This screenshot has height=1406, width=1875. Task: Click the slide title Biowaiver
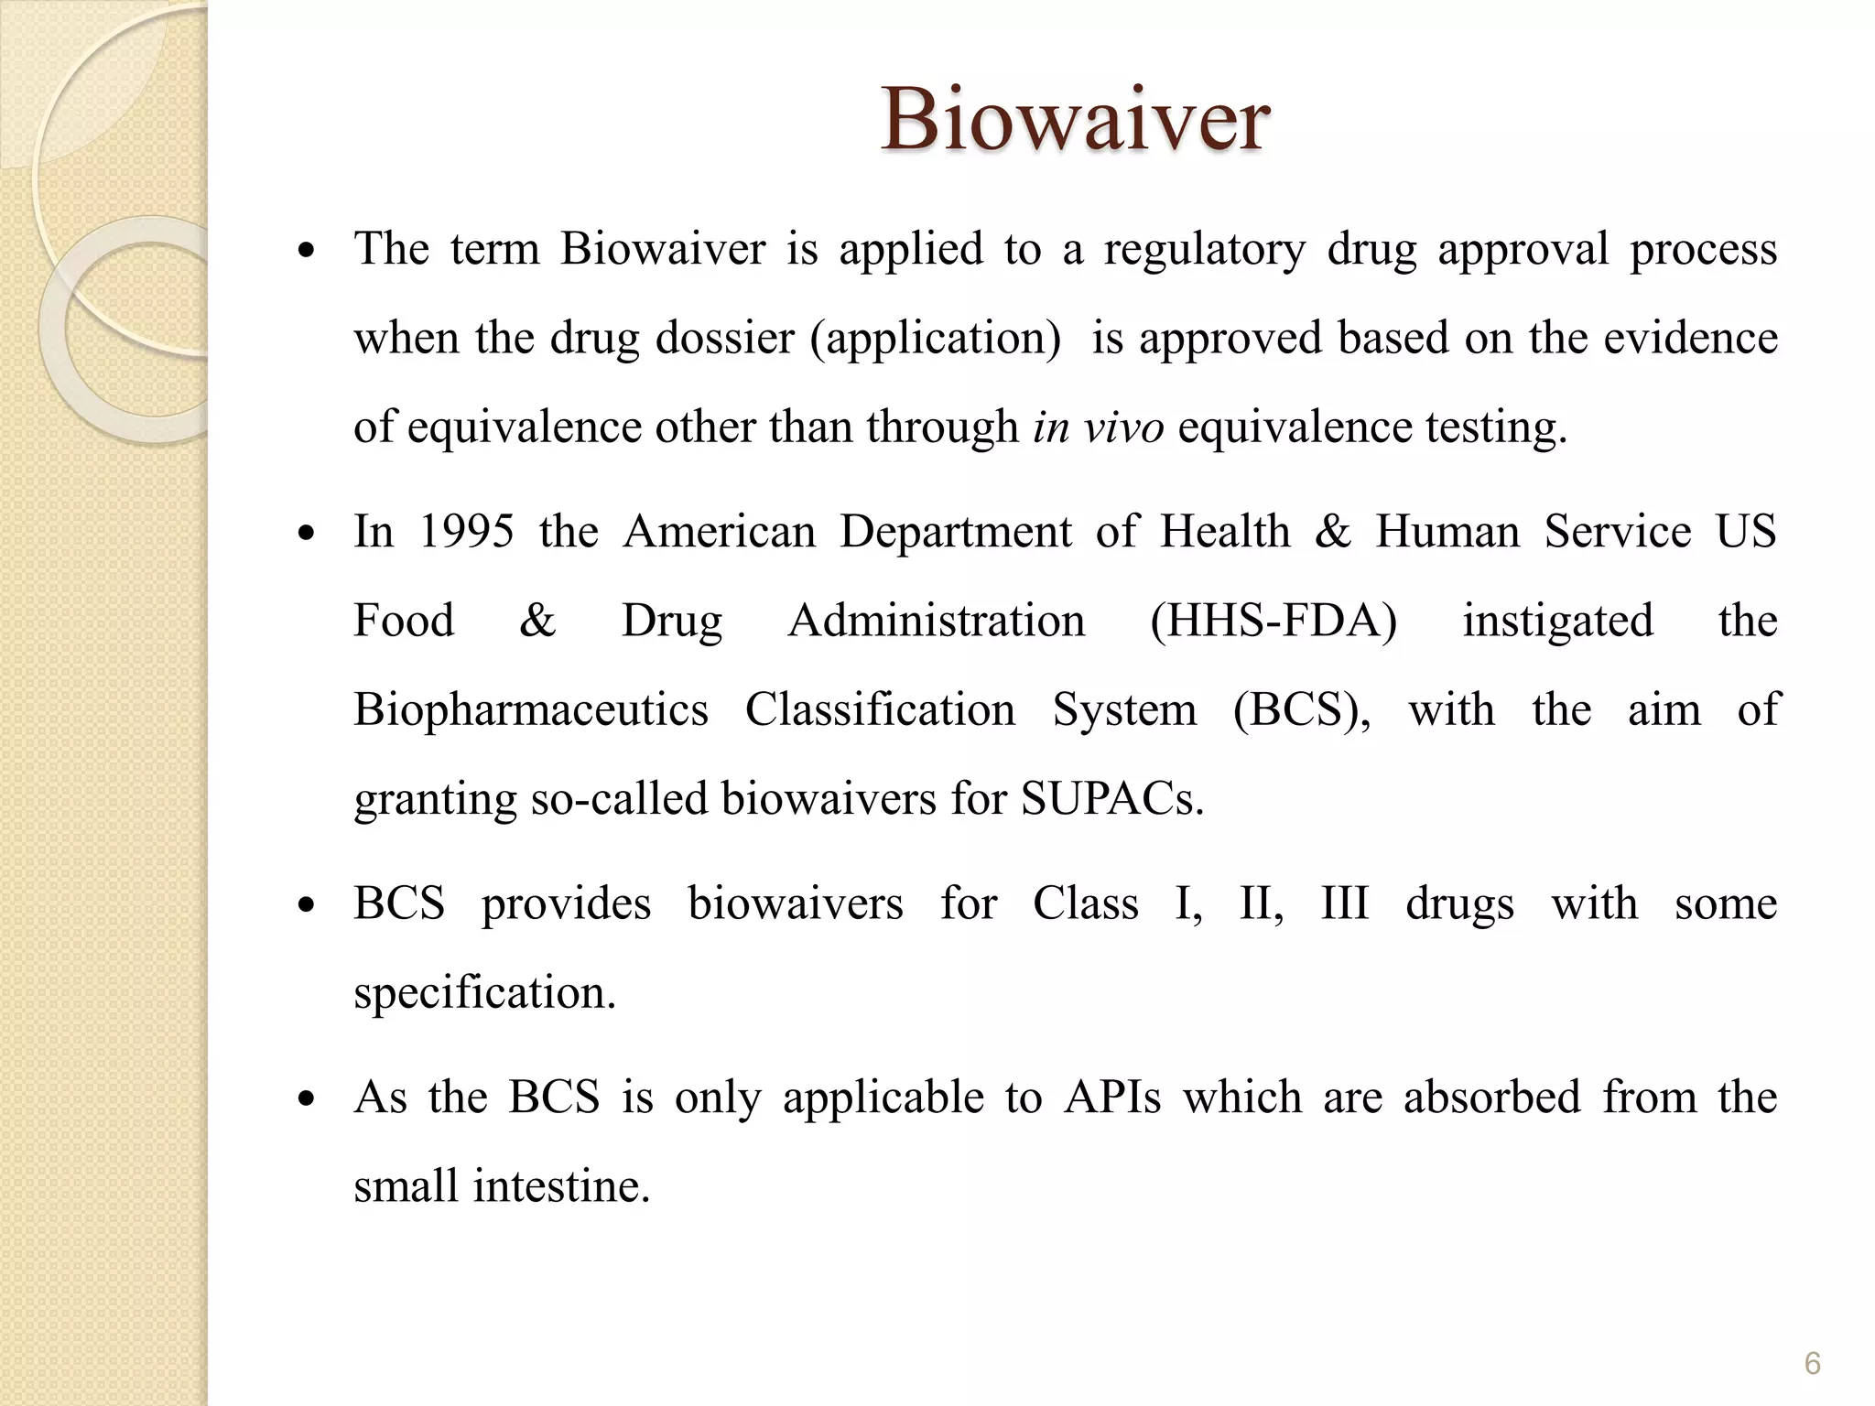1075,119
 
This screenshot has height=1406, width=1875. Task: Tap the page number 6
1812,1364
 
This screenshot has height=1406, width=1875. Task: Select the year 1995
466,531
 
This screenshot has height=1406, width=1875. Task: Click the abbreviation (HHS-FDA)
1273,621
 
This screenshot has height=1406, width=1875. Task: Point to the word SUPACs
1111,798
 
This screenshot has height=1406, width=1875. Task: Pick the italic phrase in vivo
1098,427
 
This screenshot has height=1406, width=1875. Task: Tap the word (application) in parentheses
935,338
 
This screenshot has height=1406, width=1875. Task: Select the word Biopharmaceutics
531,709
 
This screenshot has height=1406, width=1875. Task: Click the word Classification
880,709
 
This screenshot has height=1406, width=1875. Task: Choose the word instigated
1557,621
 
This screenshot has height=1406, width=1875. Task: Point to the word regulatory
1204,249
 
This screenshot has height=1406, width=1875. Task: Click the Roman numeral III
1344,903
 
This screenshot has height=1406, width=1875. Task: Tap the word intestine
560,1186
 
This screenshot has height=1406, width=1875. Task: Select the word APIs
1111,1097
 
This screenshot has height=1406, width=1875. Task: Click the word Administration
937,621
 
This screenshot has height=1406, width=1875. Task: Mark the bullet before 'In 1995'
308,533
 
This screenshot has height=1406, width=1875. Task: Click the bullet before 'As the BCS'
308,1098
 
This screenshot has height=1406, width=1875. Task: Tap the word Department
955,531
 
